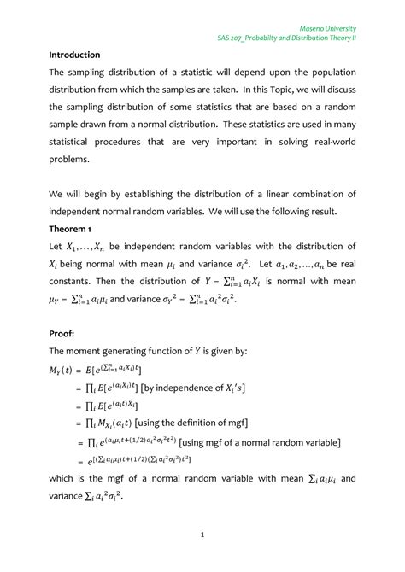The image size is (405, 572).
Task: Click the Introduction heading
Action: (x=74, y=55)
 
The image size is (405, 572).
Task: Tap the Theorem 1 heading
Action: (x=73, y=230)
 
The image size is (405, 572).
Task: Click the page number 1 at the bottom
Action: (x=203, y=534)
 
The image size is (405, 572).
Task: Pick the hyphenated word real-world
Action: (x=332, y=142)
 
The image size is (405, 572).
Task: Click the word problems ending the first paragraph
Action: (x=71, y=159)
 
